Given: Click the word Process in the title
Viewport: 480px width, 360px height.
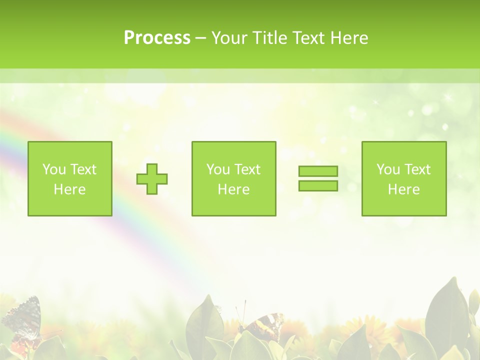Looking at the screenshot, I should [157, 38].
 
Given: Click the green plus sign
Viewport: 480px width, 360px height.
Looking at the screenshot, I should [152, 179].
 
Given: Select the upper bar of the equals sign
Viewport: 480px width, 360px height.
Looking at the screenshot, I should [318, 171].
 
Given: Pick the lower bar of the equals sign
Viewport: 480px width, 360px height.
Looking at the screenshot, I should [318, 186].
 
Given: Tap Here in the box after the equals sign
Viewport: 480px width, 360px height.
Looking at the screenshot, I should [404, 189].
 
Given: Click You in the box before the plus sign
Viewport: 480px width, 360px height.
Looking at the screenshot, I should [54, 169].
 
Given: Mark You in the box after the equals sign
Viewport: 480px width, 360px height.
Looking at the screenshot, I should [388, 169].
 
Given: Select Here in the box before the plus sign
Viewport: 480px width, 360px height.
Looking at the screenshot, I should [70, 189].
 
